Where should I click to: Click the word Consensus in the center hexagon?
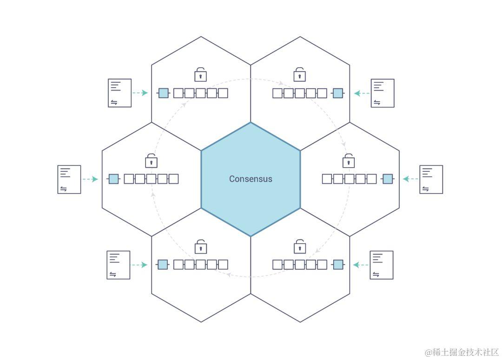point(251,179)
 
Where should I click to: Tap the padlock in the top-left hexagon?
point(200,74)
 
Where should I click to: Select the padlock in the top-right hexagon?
point(299,74)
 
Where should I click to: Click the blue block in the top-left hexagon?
point(163,93)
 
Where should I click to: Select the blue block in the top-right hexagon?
point(338,93)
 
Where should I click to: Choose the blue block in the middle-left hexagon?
point(113,179)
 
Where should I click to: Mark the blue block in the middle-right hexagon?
point(388,179)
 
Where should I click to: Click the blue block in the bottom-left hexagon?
point(162,265)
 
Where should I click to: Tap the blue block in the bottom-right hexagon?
point(338,265)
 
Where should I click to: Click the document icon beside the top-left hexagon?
point(120,93)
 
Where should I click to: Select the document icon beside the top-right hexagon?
point(383,93)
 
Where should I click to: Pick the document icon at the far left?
point(69,179)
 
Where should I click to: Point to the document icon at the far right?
point(431,179)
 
